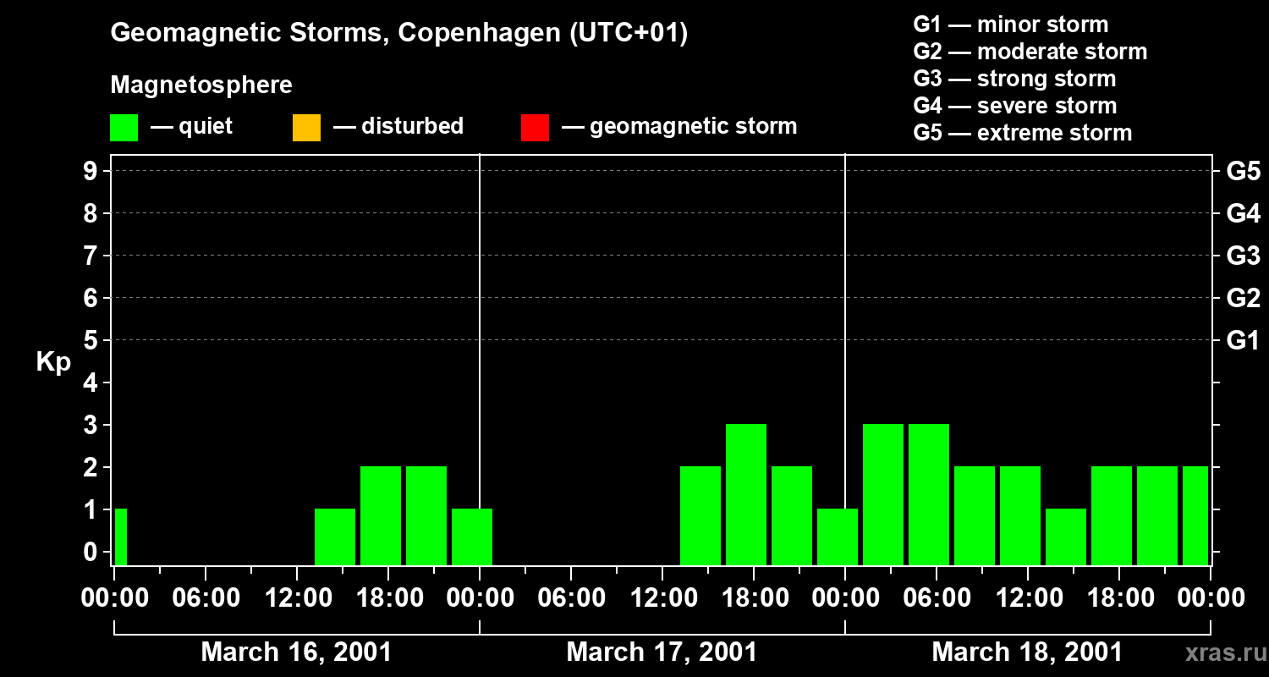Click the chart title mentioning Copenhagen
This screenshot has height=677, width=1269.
tap(398, 33)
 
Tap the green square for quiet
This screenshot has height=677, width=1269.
tap(124, 127)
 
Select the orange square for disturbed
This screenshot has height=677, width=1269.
tap(306, 127)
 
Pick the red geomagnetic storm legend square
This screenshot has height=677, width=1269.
tap(535, 127)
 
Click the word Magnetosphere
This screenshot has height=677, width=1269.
tap(201, 85)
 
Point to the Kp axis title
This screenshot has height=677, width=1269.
tap(53, 362)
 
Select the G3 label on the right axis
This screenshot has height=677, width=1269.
tap(1243, 256)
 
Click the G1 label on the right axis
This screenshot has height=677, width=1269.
tap(1243, 340)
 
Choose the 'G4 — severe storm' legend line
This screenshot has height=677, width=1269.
tap(1014, 106)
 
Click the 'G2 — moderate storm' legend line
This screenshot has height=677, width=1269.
tap(1030, 52)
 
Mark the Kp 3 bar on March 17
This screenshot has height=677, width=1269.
tap(746, 494)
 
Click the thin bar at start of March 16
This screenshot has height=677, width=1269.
tap(120, 537)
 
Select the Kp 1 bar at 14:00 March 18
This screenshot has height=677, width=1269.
tap(1066, 537)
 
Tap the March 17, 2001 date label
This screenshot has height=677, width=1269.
tap(662, 652)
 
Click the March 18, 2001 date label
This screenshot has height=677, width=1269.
tap(1027, 652)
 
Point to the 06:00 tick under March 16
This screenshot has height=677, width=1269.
tap(206, 598)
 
